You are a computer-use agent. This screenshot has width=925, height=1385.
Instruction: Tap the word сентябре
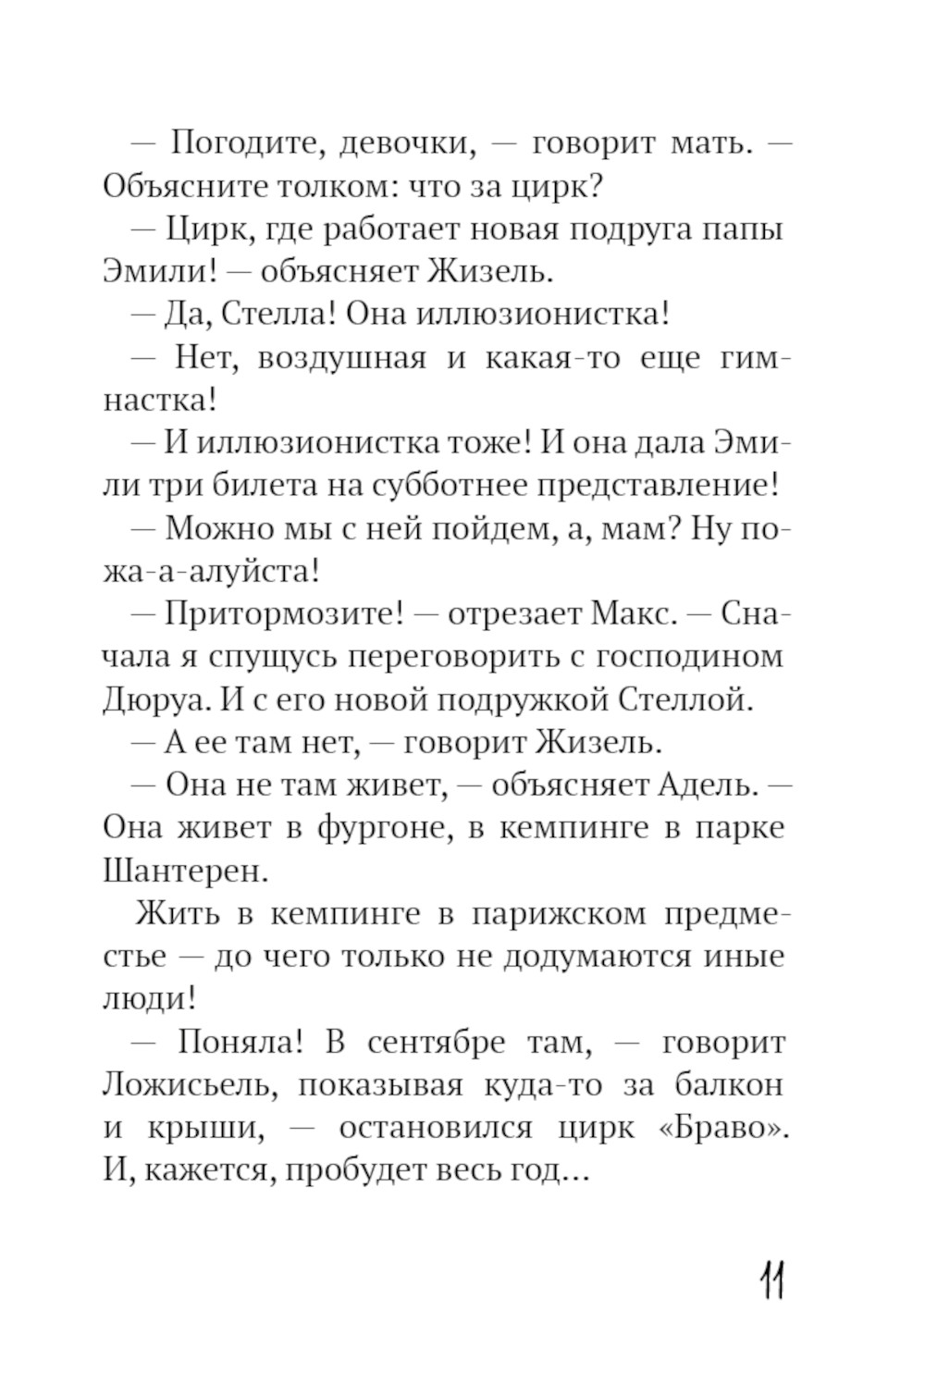tap(437, 1043)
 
